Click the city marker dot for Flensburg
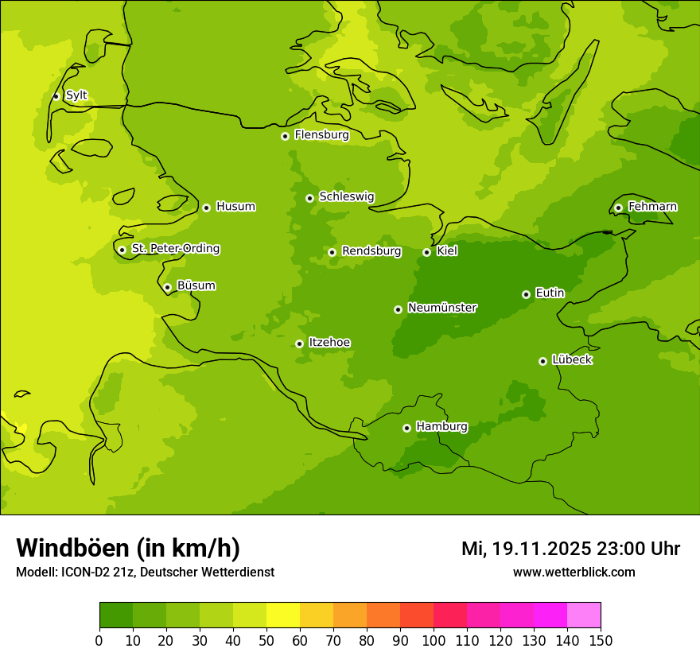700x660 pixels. (x=285, y=136)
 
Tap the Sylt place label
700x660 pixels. (x=76, y=95)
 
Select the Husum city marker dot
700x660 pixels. (x=206, y=208)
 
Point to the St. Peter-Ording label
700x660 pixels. (x=175, y=249)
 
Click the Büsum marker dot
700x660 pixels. (x=167, y=287)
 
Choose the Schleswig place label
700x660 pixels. (x=346, y=196)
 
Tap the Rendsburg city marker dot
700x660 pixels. (x=332, y=252)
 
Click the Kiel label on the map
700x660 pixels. (x=447, y=251)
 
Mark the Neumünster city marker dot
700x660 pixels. (x=398, y=309)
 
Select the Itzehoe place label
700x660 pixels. (x=329, y=343)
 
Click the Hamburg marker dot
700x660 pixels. (x=406, y=428)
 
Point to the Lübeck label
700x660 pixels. (x=572, y=360)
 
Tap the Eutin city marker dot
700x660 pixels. (x=526, y=294)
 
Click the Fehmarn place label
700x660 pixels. (x=652, y=207)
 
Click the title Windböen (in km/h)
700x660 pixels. (x=127, y=548)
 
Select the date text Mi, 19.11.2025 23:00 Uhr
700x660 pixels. (x=570, y=549)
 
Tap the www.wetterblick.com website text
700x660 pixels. (x=574, y=572)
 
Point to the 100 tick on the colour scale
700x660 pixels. (x=434, y=639)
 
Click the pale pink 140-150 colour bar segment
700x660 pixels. (x=584, y=615)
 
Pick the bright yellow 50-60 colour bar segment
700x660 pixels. (x=283, y=615)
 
